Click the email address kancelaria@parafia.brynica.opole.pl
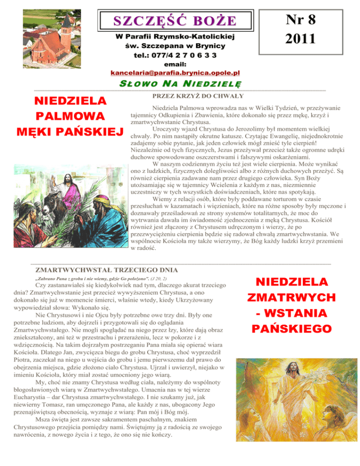(175, 73)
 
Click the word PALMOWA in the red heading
(65, 115)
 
